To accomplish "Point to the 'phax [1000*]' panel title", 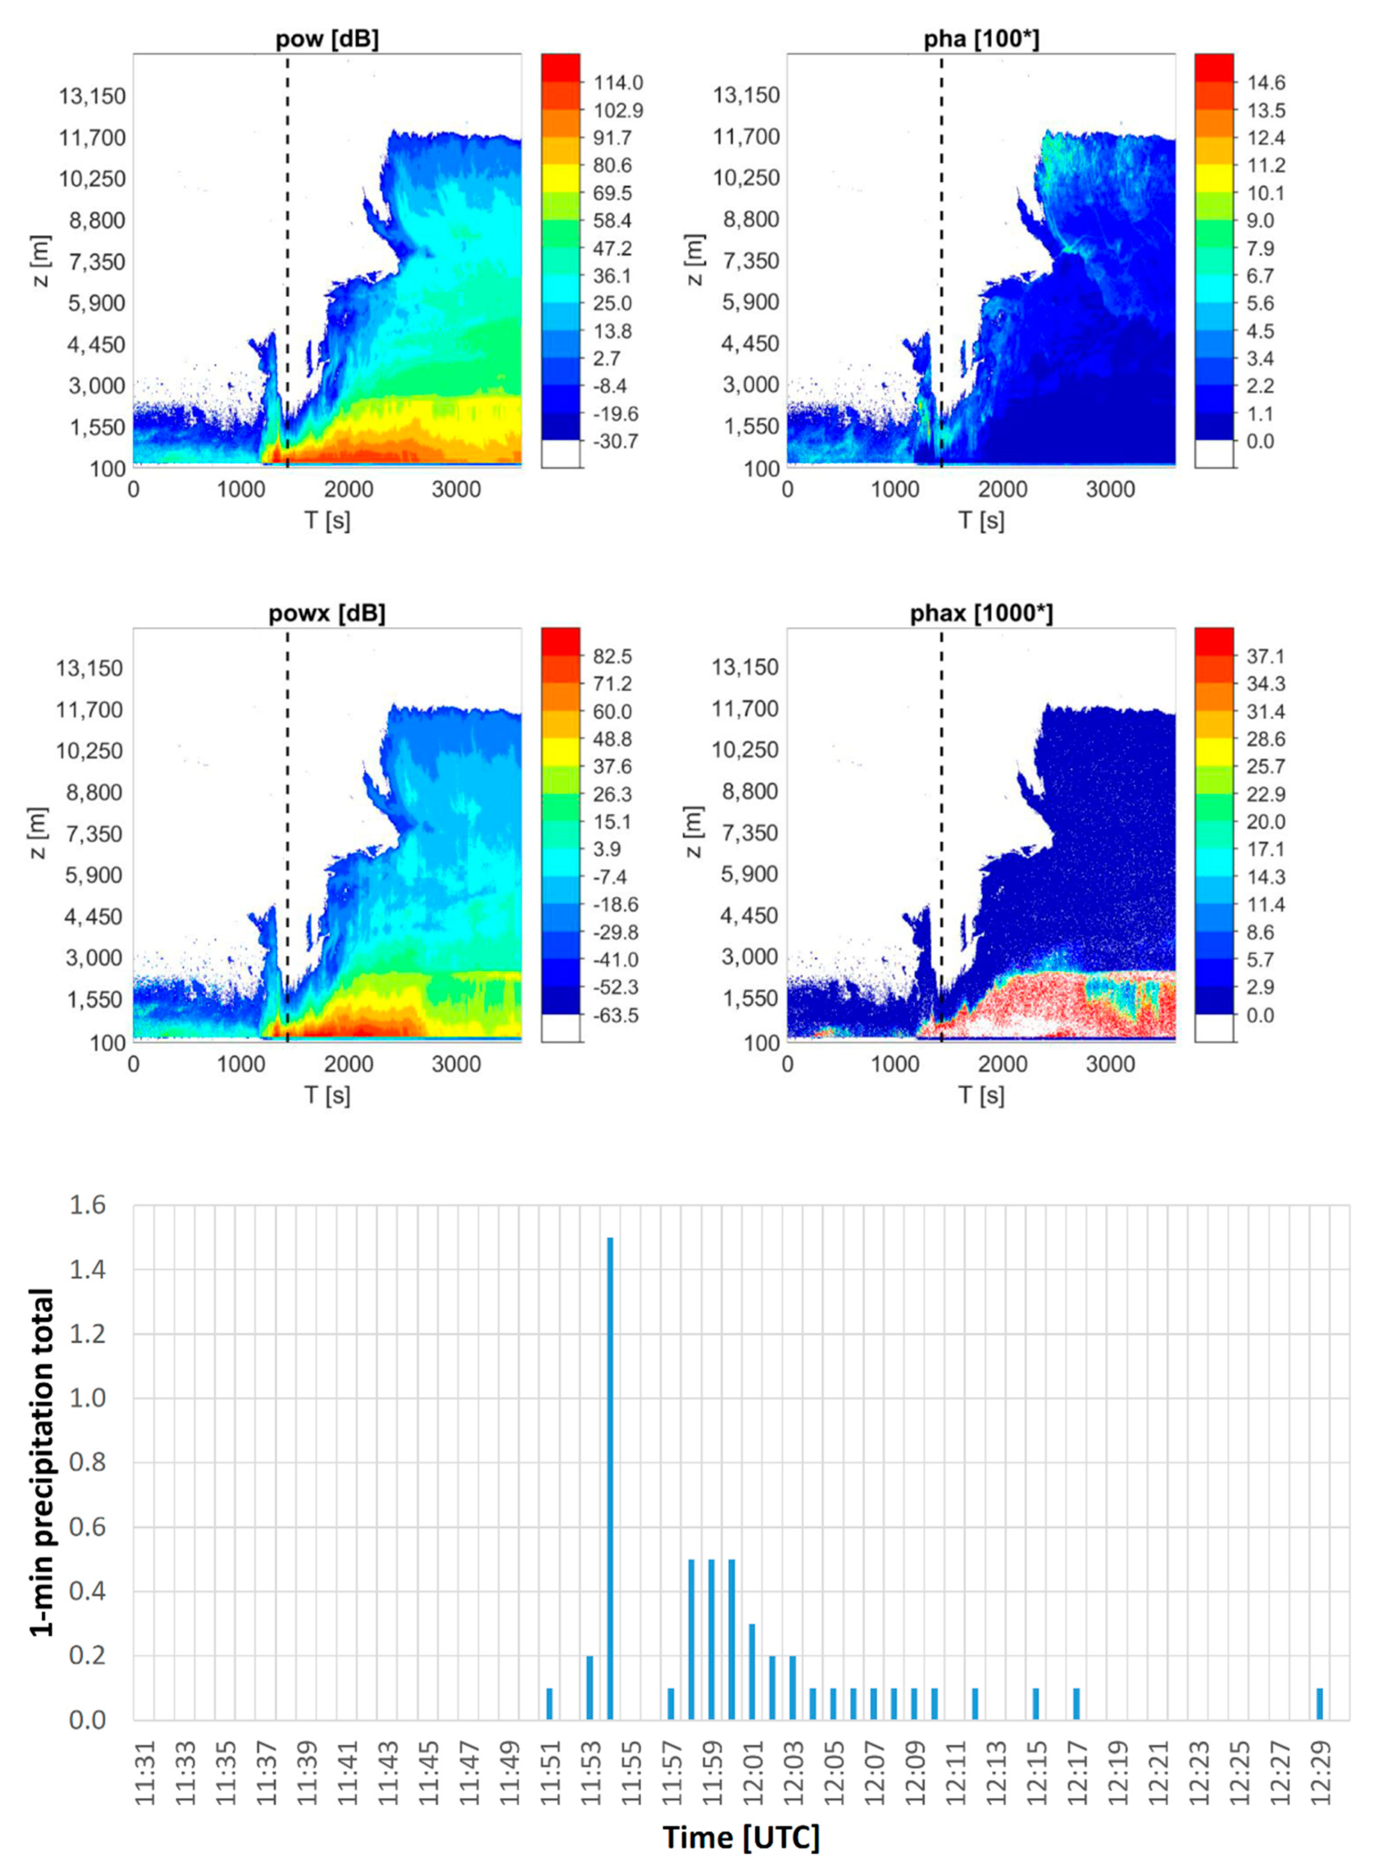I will (982, 614).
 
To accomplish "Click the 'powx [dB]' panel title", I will (327, 614).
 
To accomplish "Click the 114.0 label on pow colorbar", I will (618, 83).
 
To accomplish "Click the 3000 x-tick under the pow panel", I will (456, 489).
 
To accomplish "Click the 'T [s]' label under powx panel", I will (327, 1095).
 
